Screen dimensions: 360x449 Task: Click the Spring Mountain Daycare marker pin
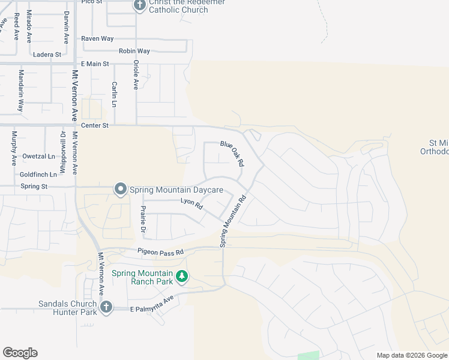click(x=120, y=190)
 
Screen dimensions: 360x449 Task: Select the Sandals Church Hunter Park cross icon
click(x=106, y=308)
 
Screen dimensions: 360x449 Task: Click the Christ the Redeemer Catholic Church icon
click(x=140, y=6)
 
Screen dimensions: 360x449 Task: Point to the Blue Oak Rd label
click(x=232, y=153)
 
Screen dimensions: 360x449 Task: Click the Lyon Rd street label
click(x=192, y=204)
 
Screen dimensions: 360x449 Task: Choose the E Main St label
click(x=95, y=64)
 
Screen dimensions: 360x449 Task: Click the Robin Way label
click(x=134, y=51)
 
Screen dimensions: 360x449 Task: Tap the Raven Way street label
click(x=97, y=38)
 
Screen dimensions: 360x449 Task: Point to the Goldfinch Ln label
click(x=38, y=174)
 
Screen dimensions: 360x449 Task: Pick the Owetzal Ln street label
click(x=38, y=156)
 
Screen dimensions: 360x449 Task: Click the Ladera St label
click(x=48, y=54)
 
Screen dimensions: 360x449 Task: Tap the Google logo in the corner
click(x=20, y=353)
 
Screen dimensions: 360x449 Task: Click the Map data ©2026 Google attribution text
click(x=412, y=355)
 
